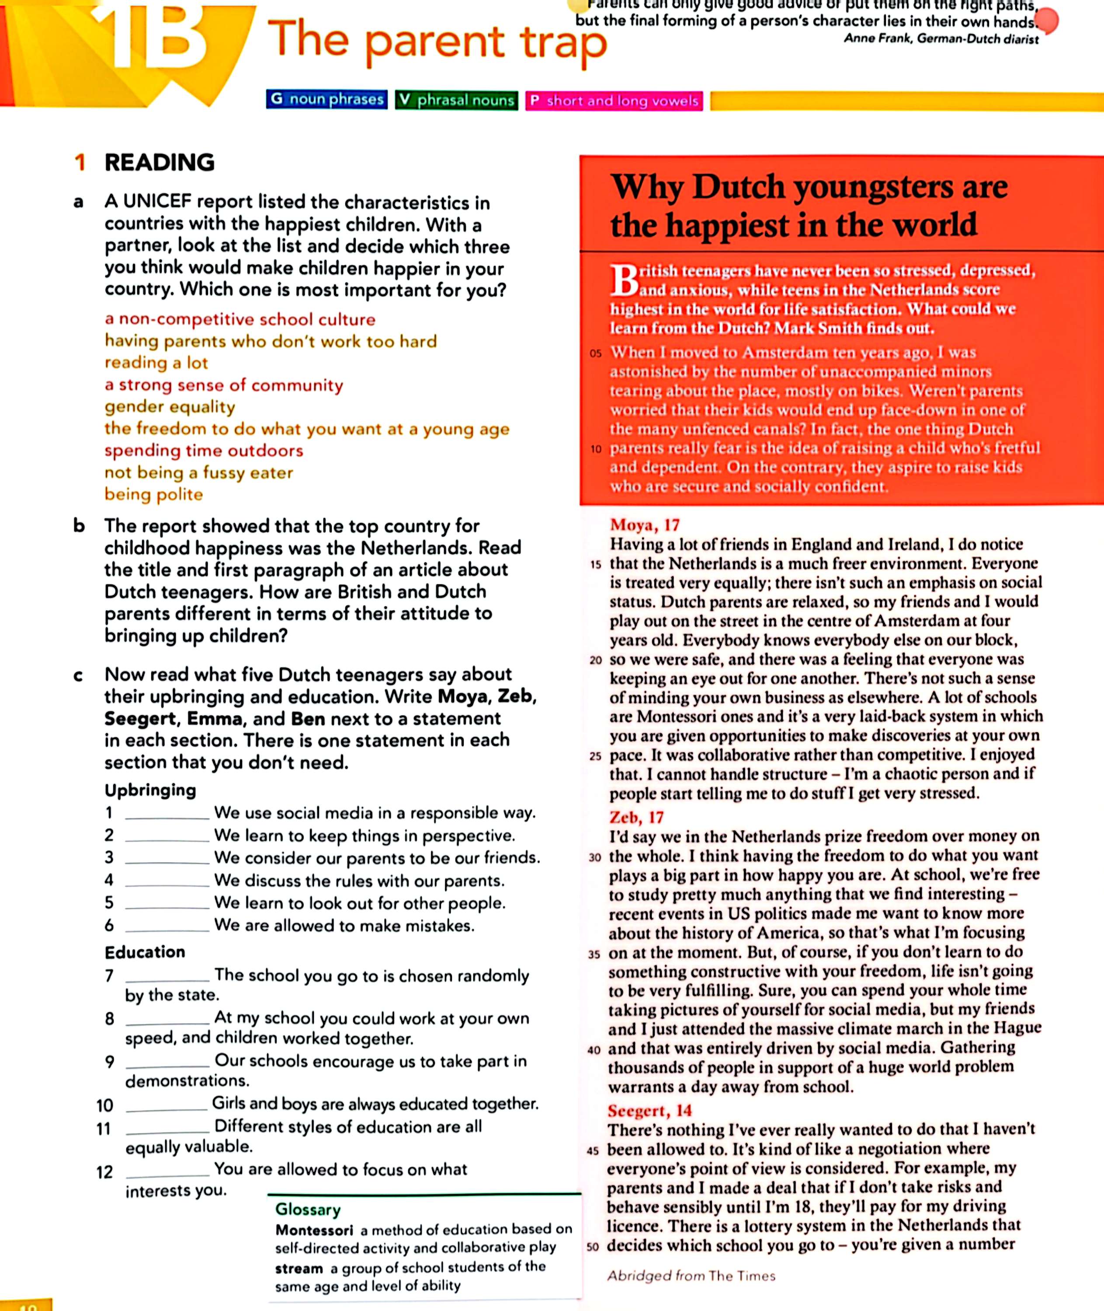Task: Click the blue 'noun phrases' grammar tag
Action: (326, 100)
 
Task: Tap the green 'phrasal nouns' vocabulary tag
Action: (456, 100)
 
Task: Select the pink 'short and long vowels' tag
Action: (614, 101)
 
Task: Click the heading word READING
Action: (160, 163)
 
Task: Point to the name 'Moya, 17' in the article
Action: (644, 525)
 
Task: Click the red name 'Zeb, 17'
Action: (636, 817)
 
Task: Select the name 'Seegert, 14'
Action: (649, 1111)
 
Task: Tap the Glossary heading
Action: (308, 1210)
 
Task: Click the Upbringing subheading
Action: (150, 791)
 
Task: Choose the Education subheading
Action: (145, 952)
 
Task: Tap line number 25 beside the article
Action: (595, 756)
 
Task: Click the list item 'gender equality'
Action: (170, 407)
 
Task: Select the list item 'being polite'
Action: (154, 494)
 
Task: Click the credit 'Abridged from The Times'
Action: (691, 1276)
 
